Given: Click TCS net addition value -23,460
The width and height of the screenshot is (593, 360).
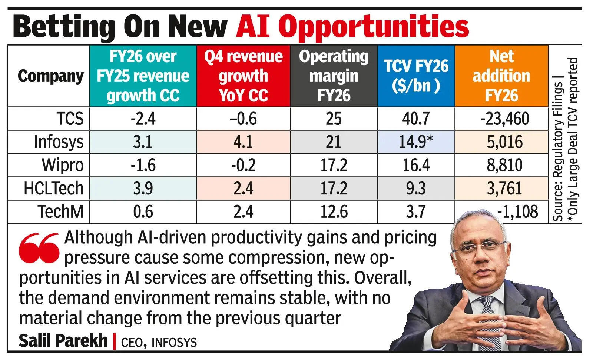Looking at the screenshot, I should (505, 119).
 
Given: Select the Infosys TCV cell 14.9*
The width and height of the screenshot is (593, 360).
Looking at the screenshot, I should (416, 142).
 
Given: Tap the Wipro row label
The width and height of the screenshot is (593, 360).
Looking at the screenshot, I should (62, 165).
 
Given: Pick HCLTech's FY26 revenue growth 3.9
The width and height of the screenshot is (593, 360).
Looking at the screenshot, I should (143, 189).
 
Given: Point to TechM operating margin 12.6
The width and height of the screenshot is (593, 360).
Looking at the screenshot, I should (334, 212).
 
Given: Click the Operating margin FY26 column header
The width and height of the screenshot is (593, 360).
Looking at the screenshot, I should (334, 76).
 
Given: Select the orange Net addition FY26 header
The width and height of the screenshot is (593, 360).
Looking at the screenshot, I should (501, 76).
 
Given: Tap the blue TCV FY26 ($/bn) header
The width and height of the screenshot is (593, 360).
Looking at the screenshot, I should (416, 76).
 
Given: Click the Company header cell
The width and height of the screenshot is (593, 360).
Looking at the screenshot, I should (50, 76).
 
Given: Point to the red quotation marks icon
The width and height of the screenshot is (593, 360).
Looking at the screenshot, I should (39, 247).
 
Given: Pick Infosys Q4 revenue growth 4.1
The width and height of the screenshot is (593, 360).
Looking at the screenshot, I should (243, 142).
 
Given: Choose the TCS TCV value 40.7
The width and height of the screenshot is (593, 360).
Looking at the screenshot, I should (416, 119).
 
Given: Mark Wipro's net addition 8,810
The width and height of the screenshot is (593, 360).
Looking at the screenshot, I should (505, 165).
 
